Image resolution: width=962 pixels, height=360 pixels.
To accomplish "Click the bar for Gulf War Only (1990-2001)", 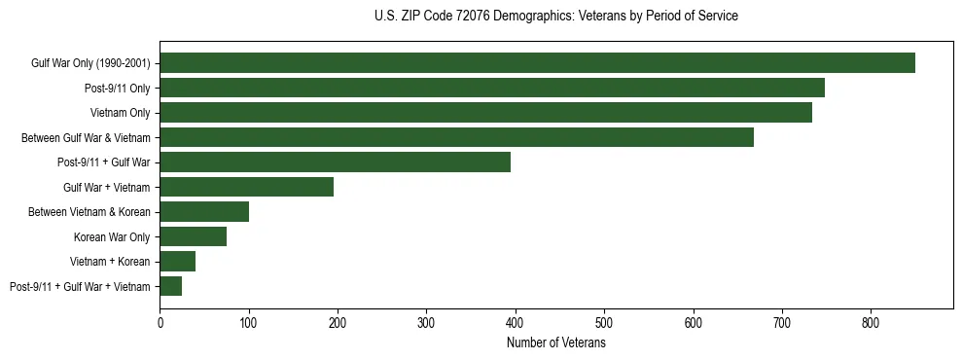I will click(x=537, y=63).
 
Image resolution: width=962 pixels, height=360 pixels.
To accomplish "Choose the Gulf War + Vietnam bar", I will click(x=247, y=187).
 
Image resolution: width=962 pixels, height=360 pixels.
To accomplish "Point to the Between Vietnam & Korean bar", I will click(x=204, y=212).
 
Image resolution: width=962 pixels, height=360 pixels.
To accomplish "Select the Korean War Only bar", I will click(x=194, y=236).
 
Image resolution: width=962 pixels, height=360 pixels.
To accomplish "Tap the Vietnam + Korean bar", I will click(x=178, y=262).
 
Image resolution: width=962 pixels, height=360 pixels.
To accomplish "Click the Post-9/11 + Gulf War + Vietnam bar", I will click(x=171, y=286).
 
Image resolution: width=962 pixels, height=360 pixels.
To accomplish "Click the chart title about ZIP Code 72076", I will click(x=555, y=17).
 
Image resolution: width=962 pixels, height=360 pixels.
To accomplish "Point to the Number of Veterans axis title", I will click(x=555, y=343).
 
